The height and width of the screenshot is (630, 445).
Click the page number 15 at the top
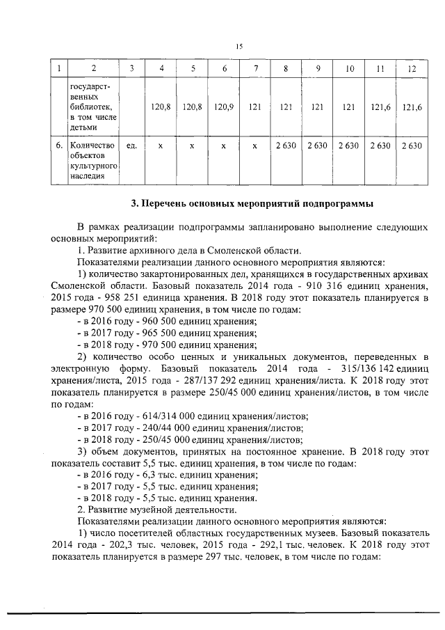[238, 46]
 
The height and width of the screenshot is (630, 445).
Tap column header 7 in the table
[255, 68]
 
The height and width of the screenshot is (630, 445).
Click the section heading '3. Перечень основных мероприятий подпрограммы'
[253, 204]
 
